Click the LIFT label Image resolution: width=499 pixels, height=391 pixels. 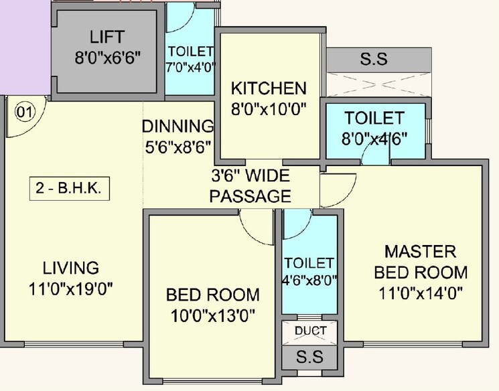(108, 37)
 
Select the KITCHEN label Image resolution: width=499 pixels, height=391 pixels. (269, 88)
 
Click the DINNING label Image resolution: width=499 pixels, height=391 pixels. (177, 126)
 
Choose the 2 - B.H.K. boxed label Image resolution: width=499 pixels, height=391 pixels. (70, 189)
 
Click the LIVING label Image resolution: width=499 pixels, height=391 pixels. (71, 268)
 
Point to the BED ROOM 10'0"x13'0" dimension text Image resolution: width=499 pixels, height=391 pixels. (212, 314)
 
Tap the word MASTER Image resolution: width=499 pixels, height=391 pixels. (420, 252)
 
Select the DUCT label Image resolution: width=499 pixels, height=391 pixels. (310, 331)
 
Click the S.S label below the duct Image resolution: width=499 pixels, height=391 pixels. (310, 357)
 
